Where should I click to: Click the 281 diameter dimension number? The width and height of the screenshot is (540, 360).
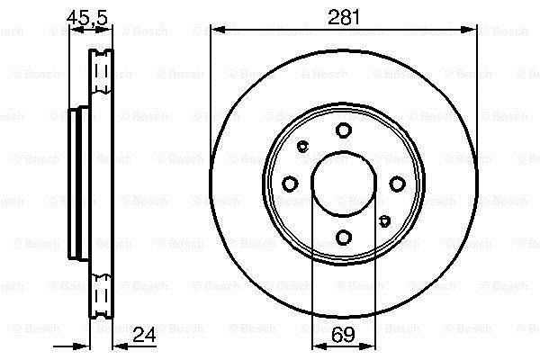(x=344, y=17)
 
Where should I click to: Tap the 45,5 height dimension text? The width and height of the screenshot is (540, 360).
(x=87, y=17)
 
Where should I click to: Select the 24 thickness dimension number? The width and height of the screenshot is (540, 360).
(x=144, y=334)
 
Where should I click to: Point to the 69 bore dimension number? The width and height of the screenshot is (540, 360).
(x=344, y=334)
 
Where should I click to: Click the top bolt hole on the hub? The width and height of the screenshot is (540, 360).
(x=344, y=130)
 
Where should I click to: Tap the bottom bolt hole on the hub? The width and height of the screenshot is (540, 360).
(x=344, y=238)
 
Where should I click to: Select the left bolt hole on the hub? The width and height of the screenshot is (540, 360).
(x=290, y=184)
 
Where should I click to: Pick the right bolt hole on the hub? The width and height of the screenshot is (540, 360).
(x=397, y=184)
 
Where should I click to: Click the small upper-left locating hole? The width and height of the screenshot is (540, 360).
(x=302, y=147)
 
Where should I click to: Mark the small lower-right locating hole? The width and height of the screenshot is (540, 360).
(x=384, y=220)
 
